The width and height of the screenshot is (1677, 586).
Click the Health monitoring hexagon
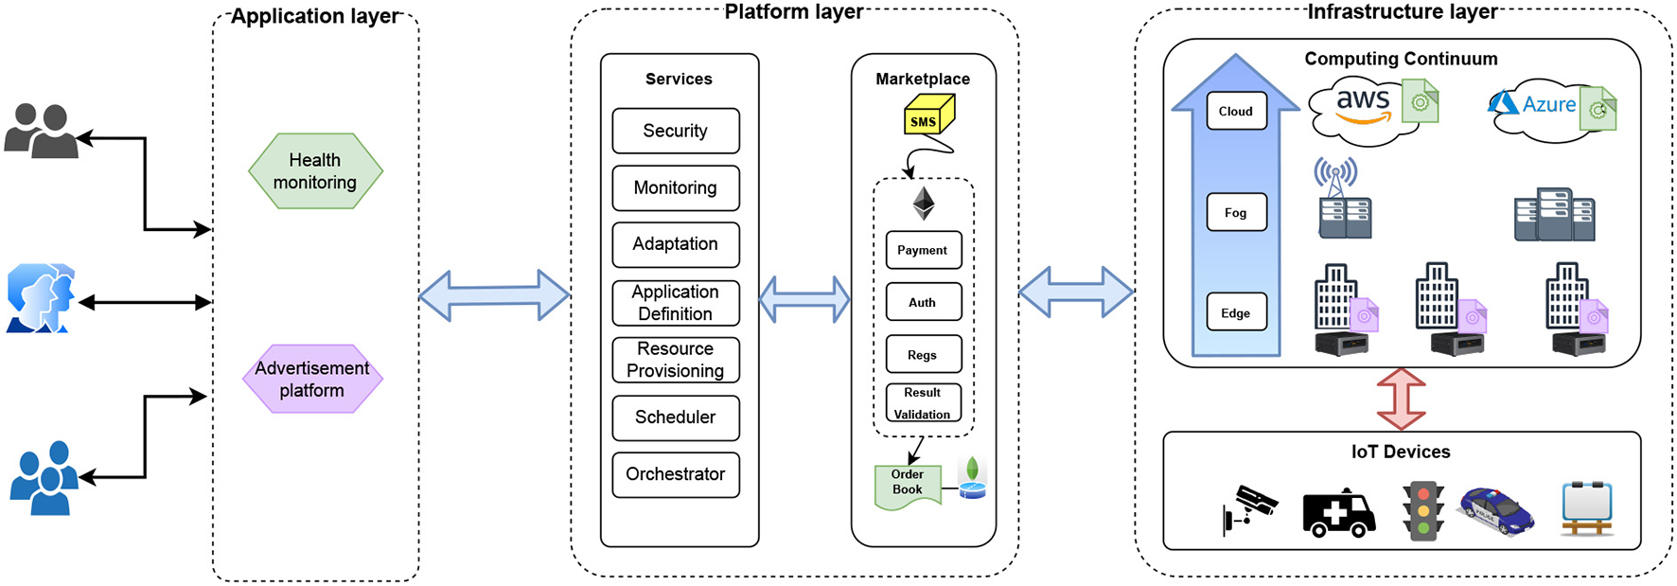tap(315, 171)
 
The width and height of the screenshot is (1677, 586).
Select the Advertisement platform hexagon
tap(312, 379)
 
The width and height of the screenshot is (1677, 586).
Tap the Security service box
tap(675, 131)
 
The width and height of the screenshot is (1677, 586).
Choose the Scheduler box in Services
tap(675, 417)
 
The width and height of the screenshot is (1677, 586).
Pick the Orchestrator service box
tap(675, 474)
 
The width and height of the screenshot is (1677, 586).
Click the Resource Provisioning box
tap(675, 360)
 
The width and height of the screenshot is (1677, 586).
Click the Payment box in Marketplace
tap(923, 250)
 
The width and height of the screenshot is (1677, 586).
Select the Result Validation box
tap(923, 403)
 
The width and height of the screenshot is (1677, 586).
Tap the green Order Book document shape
tap(908, 485)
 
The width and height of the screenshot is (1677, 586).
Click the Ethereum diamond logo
tap(923, 203)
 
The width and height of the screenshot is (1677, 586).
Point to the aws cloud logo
tap(1363, 109)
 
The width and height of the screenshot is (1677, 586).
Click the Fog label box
tap(1236, 213)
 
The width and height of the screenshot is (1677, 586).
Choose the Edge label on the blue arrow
tap(1236, 313)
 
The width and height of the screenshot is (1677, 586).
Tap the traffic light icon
tap(1422, 510)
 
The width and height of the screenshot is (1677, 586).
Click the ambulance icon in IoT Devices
tap(1338, 515)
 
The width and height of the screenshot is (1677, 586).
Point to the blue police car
tap(1495, 511)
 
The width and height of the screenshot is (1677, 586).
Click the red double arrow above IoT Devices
tap(1401, 399)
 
